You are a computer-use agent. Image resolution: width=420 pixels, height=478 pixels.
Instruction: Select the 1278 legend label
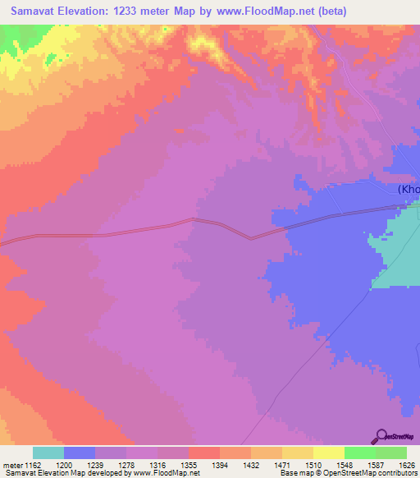pyautogui.click(x=141, y=464)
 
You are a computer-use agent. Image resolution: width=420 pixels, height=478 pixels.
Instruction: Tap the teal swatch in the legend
pyautogui.click(x=48, y=453)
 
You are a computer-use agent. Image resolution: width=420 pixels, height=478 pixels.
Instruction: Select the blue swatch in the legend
pyautogui.click(x=80, y=453)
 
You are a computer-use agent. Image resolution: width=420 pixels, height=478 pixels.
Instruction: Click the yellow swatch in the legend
pyautogui.click(x=328, y=453)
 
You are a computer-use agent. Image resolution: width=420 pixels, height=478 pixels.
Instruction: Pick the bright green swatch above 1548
pyautogui.click(x=359, y=453)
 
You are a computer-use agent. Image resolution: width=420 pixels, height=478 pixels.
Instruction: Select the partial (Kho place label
pyautogui.click(x=409, y=190)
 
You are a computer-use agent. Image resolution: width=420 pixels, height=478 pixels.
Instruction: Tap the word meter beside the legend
pyautogui.click(x=14, y=464)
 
